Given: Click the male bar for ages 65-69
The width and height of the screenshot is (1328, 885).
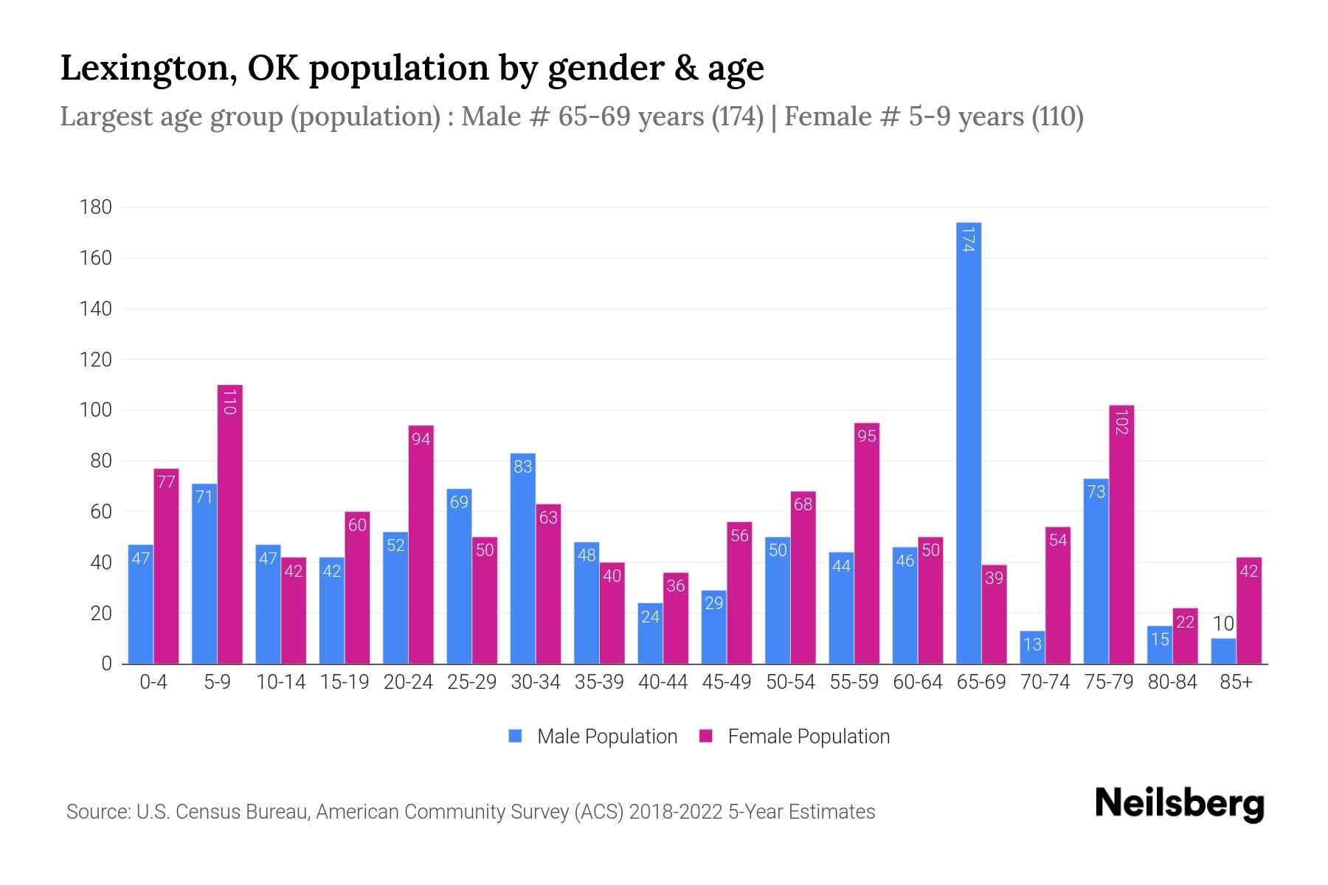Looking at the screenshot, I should click(x=968, y=442).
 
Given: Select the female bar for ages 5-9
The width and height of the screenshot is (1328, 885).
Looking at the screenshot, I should click(x=229, y=524).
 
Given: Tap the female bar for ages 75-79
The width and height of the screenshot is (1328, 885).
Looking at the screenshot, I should click(x=1121, y=535).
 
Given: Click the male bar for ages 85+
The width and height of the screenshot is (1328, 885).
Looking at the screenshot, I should click(x=1223, y=651).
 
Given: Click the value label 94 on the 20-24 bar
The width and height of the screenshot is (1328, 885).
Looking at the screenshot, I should click(x=421, y=440).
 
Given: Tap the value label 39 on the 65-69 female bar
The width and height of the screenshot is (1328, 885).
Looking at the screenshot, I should click(x=994, y=578).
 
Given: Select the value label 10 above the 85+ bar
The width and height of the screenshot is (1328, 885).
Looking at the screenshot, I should click(x=1223, y=624).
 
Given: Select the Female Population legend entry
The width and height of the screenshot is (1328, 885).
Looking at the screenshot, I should click(x=795, y=737).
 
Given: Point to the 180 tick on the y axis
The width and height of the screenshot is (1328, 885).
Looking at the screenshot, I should click(x=96, y=207).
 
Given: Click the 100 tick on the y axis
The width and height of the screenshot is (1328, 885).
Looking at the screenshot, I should click(x=96, y=410).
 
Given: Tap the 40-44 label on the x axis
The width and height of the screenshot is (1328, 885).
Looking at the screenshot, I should click(x=663, y=682).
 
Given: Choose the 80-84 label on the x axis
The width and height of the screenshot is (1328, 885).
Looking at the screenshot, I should click(x=1172, y=682).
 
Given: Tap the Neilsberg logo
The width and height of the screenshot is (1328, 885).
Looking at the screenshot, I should click(x=1179, y=804).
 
